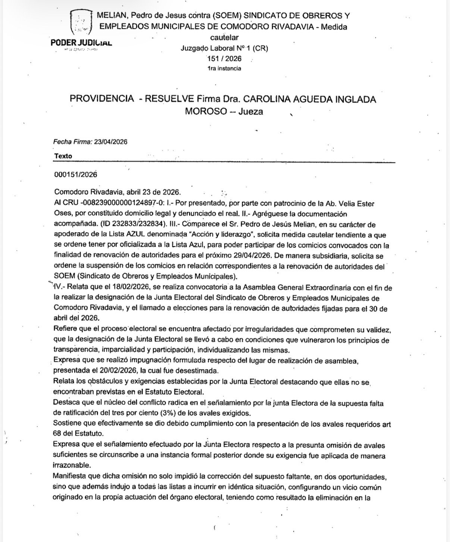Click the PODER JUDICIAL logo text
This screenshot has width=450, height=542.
81,42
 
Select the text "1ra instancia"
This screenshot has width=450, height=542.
224,68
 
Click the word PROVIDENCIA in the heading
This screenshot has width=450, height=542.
101,99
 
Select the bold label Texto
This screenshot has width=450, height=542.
63,156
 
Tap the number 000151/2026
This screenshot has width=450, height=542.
76,175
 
